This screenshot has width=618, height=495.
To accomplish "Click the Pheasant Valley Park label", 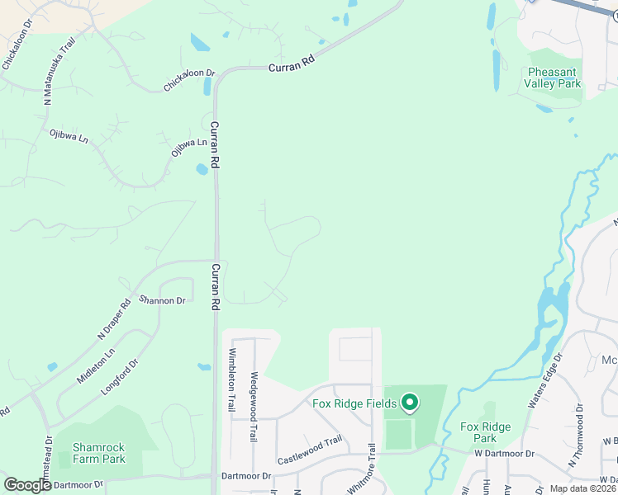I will point(554,78).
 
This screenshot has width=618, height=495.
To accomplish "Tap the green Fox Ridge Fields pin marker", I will point(408,403).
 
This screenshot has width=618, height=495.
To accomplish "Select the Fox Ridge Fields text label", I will point(354,403).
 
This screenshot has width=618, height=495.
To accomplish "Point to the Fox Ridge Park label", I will point(485,432).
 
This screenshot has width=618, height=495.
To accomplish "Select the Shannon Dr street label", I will point(162,300).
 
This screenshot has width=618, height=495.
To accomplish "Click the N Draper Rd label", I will point(114,318).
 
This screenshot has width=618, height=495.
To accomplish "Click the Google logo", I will point(27,485).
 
